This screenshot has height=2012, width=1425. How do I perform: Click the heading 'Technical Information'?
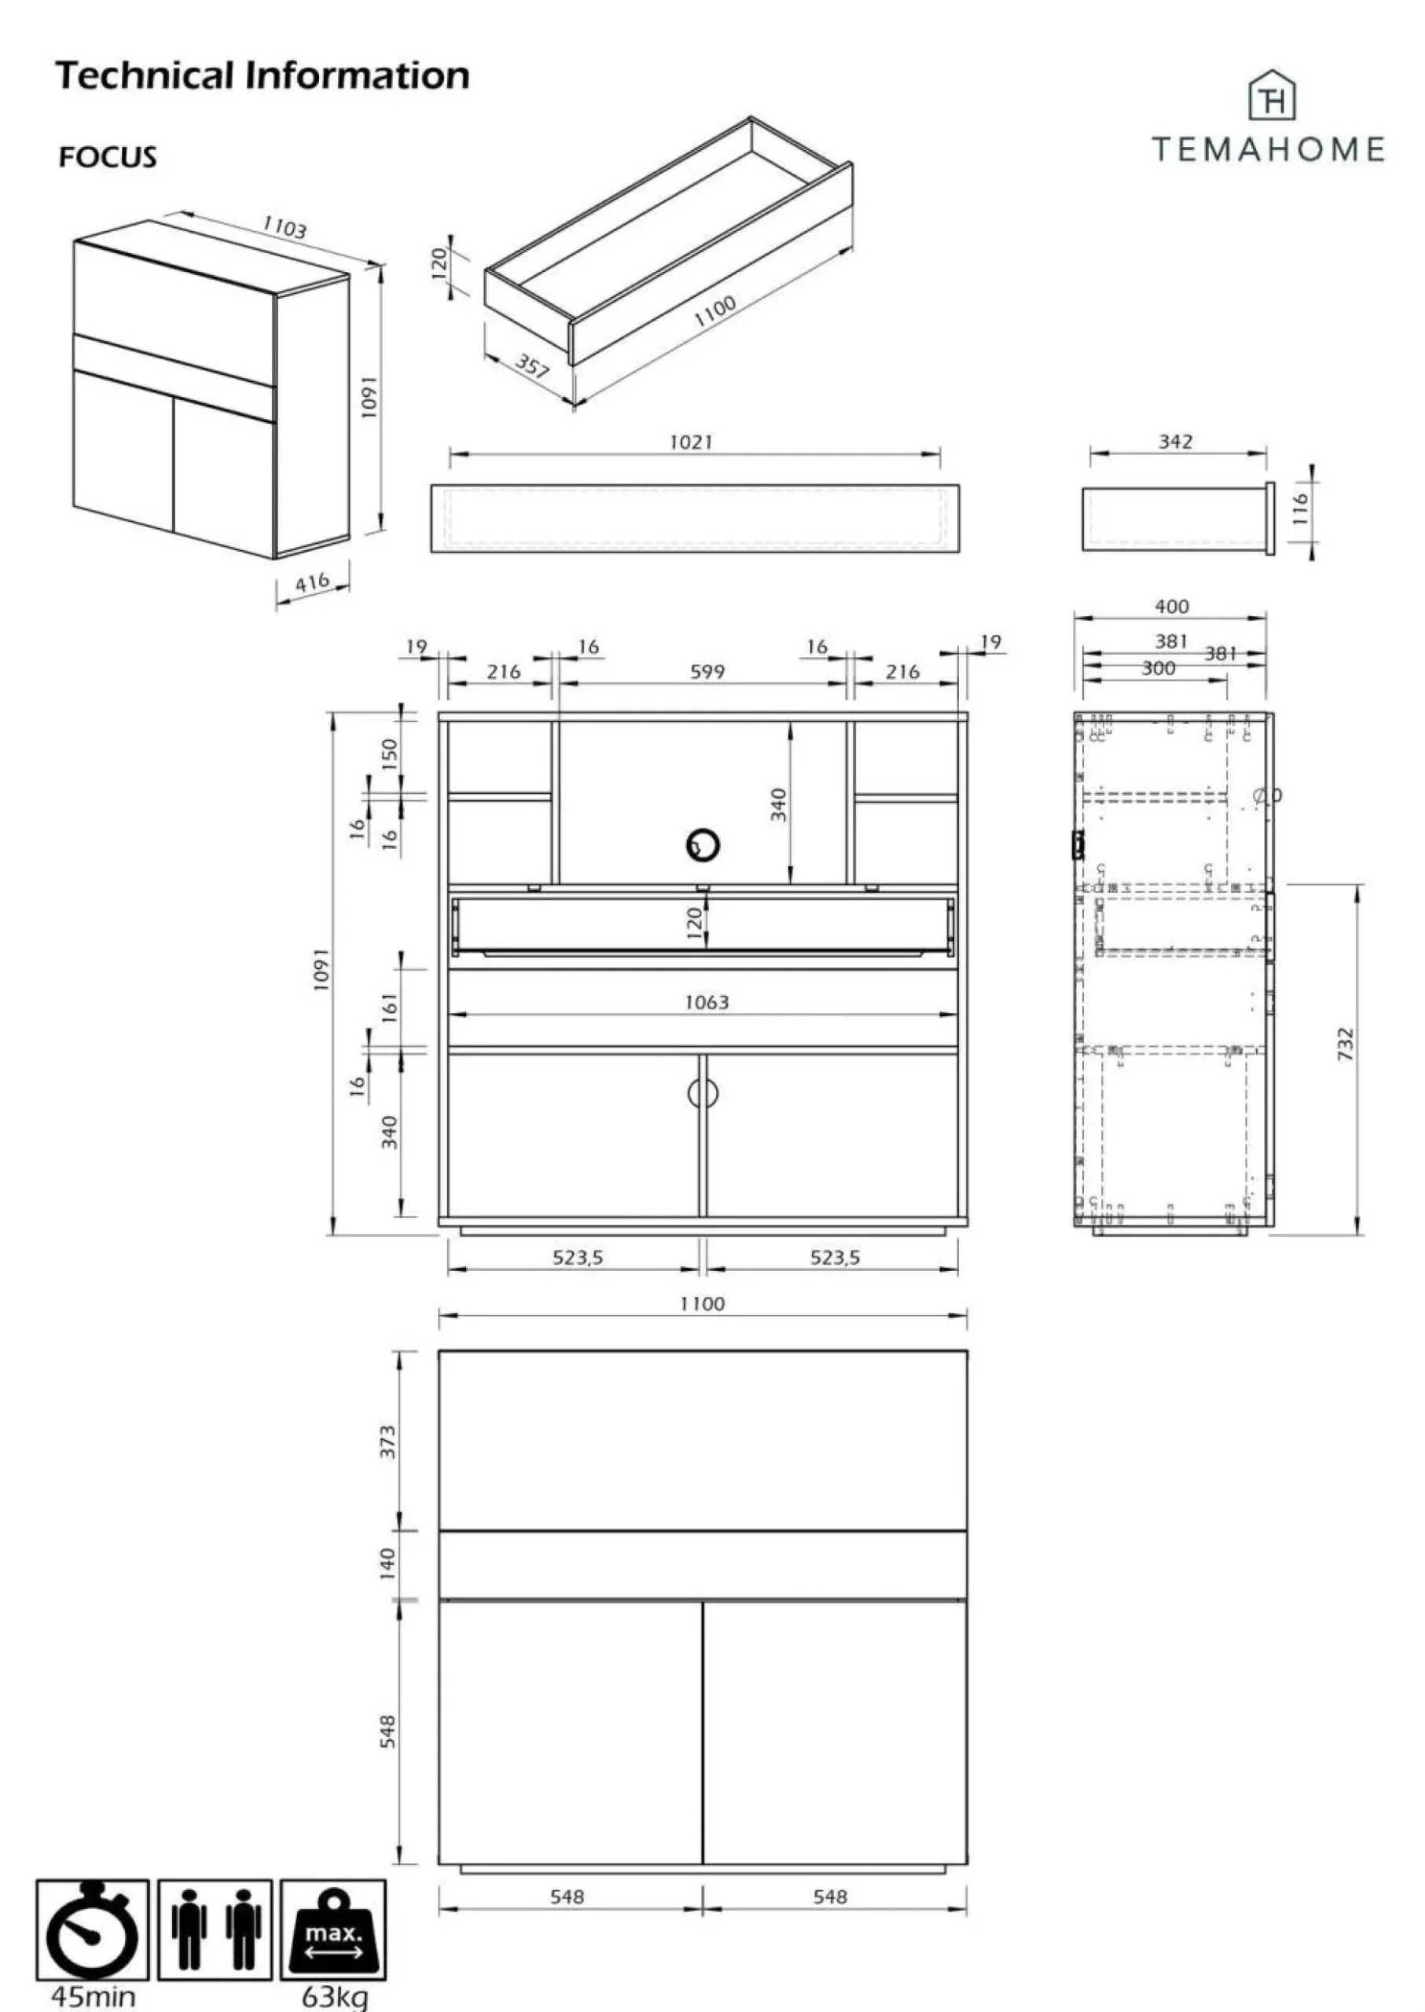point(263,75)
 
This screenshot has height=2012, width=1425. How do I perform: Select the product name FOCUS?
point(107,157)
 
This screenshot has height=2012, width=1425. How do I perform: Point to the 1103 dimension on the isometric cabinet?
point(285,227)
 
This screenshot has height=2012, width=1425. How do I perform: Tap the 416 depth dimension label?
point(311,582)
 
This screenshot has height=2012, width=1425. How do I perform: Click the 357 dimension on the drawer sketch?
point(531,364)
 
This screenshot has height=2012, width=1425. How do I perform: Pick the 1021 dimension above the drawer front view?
point(691,442)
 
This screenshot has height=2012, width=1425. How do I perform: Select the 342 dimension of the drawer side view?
point(1175,442)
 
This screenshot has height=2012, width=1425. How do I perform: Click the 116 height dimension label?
point(1300,509)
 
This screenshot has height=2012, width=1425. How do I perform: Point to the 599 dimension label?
point(707,672)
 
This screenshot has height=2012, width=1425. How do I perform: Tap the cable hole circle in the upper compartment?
point(703,845)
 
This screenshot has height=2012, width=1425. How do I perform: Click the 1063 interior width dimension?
point(707,1002)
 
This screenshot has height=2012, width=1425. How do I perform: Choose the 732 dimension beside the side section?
point(1345,1045)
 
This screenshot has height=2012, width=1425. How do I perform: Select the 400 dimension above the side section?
point(1171,606)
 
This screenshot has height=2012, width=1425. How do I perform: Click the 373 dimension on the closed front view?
point(387,1441)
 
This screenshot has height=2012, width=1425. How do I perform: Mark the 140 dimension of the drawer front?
point(387,1562)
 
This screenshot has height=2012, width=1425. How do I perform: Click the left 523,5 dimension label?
point(578,1257)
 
